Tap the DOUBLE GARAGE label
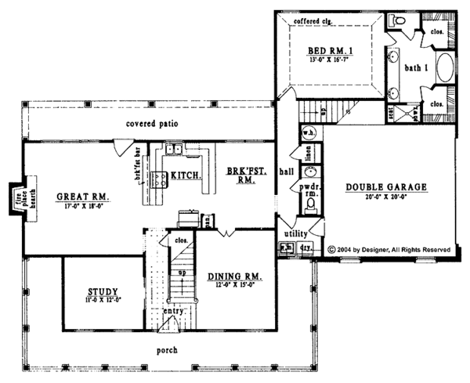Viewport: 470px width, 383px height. point(386,187)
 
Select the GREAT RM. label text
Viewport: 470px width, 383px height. point(81,196)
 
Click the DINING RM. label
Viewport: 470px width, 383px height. point(234,276)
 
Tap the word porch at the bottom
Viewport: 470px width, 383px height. point(166,349)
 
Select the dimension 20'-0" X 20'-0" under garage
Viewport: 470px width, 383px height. point(386,198)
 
